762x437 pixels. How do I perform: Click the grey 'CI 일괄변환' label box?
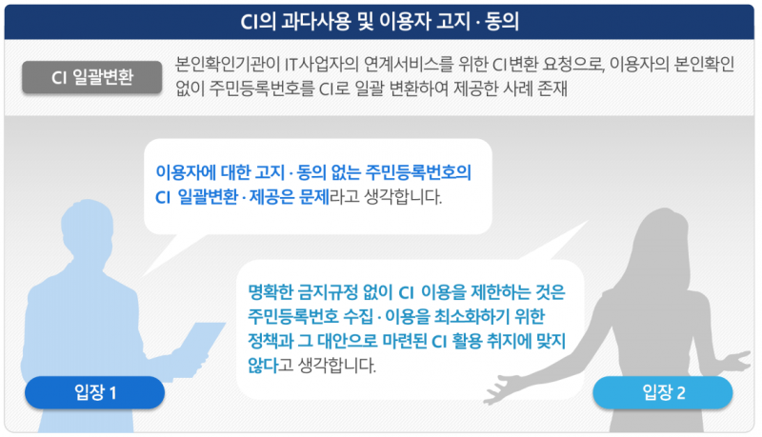(x=92, y=78)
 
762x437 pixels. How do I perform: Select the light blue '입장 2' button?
(x=663, y=391)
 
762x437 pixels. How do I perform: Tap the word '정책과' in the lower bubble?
(x=271, y=340)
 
